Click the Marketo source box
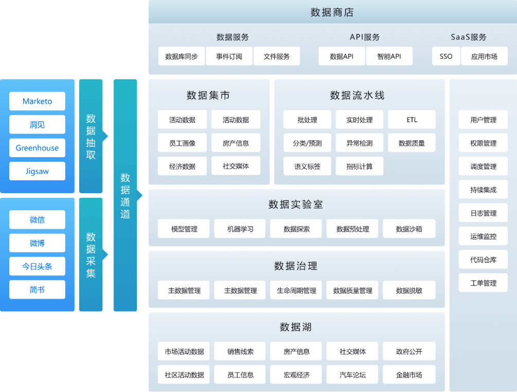[x=37, y=101]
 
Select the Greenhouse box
[x=37, y=148]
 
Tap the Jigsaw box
[x=37, y=171]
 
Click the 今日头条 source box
[x=37, y=266]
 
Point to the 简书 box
[x=37, y=289]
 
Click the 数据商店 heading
[x=332, y=12]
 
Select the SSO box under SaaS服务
[x=446, y=56]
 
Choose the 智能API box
[x=389, y=56]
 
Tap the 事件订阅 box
[x=229, y=56]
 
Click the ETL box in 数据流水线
[x=412, y=120]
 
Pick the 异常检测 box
[x=360, y=143]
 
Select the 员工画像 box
[x=182, y=143]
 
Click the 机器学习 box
[x=240, y=229]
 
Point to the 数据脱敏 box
[x=409, y=291]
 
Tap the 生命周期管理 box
[x=296, y=291]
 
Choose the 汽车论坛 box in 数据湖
[x=352, y=374]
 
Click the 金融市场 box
[x=409, y=374]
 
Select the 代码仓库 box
[x=483, y=260]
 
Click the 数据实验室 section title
[x=296, y=204]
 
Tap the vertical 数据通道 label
[x=126, y=196]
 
